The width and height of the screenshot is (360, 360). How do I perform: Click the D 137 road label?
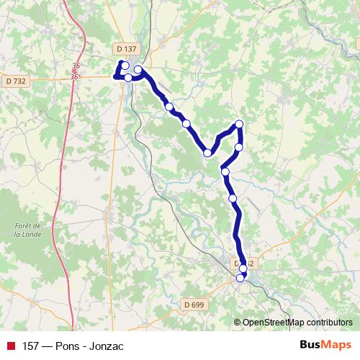pyautogui.click(x=125, y=48)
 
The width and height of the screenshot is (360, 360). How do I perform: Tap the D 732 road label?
pyautogui.click(x=15, y=81)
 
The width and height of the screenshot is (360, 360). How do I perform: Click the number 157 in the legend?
pyautogui.click(x=31, y=346)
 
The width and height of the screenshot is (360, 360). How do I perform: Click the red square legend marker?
pyautogui.click(x=10, y=346)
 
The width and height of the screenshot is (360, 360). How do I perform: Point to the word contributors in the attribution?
pyautogui.click(x=328, y=322)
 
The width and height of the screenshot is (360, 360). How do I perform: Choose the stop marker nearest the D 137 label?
pyautogui.click(x=125, y=66)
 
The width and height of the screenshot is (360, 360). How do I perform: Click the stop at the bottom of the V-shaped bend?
pyautogui.click(x=207, y=153)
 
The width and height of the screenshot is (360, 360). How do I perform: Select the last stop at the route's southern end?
pyautogui.click(x=240, y=278)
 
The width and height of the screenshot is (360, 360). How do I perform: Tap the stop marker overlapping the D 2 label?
pyautogui.click(x=243, y=269)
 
